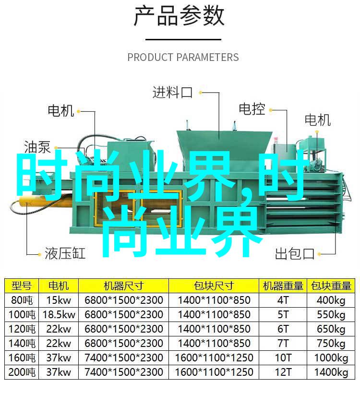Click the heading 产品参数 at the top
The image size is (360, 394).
pos(179,16)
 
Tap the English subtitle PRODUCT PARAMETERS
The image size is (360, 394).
pos(183,57)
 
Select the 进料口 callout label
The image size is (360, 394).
pos(172,92)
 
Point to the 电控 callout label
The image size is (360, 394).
pos(252,109)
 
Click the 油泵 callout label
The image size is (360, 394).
pos(37,147)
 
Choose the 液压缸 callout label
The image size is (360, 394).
pos(65,253)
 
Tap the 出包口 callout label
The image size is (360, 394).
pos(295,253)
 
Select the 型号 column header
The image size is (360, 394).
pos(22,286)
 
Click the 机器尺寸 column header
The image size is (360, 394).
pos(123,286)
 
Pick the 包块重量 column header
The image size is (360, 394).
pos(331,286)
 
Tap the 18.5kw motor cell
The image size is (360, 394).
pos(59,315)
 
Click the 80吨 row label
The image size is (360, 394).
pos(22,300)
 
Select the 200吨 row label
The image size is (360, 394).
pos(22,372)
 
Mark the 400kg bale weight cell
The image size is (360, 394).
pos(331,300)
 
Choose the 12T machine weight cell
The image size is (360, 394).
pos(283,372)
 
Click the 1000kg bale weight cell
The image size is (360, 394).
pos(331,358)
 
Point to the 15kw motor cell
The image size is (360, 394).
pos(59,300)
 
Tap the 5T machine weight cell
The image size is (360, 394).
pos(283,315)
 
